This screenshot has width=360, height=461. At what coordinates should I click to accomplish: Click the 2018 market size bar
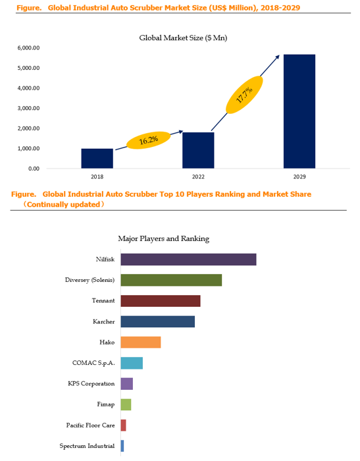click(97, 159)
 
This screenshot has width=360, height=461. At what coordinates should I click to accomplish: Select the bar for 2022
click(198, 150)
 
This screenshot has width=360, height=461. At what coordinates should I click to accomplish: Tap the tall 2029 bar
click(299, 111)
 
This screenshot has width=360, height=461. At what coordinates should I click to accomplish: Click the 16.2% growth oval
click(148, 140)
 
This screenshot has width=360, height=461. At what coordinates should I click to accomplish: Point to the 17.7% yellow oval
click(244, 95)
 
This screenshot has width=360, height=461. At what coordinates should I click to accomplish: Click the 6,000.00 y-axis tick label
click(28, 48)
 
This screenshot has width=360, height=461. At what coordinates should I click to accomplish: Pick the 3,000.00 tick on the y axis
click(28, 108)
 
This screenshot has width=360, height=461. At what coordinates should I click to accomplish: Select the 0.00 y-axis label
click(34, 169)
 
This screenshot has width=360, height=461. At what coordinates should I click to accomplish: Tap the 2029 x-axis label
click(299, 176)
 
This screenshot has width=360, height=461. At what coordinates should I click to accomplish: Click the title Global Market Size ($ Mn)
click(183, 38)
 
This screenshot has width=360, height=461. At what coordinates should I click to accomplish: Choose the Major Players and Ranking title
click(164, 238)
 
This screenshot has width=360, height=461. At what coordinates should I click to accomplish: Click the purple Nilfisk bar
click(188, 259)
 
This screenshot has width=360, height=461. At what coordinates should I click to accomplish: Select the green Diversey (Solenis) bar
click(171, 280)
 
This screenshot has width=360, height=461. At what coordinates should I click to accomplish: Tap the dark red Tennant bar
click(161, 301)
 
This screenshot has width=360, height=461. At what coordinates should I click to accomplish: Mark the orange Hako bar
click(141, 342)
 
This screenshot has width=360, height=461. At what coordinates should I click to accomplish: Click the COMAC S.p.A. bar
click(132, 363)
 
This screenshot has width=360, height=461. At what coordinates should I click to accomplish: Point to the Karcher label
click(104, 321)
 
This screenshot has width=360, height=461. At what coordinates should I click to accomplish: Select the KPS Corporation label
click(91, 384)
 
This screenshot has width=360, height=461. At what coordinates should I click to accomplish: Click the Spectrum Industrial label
click(88, 446)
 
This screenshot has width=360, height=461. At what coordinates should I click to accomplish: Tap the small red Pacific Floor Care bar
click(124, 425)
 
